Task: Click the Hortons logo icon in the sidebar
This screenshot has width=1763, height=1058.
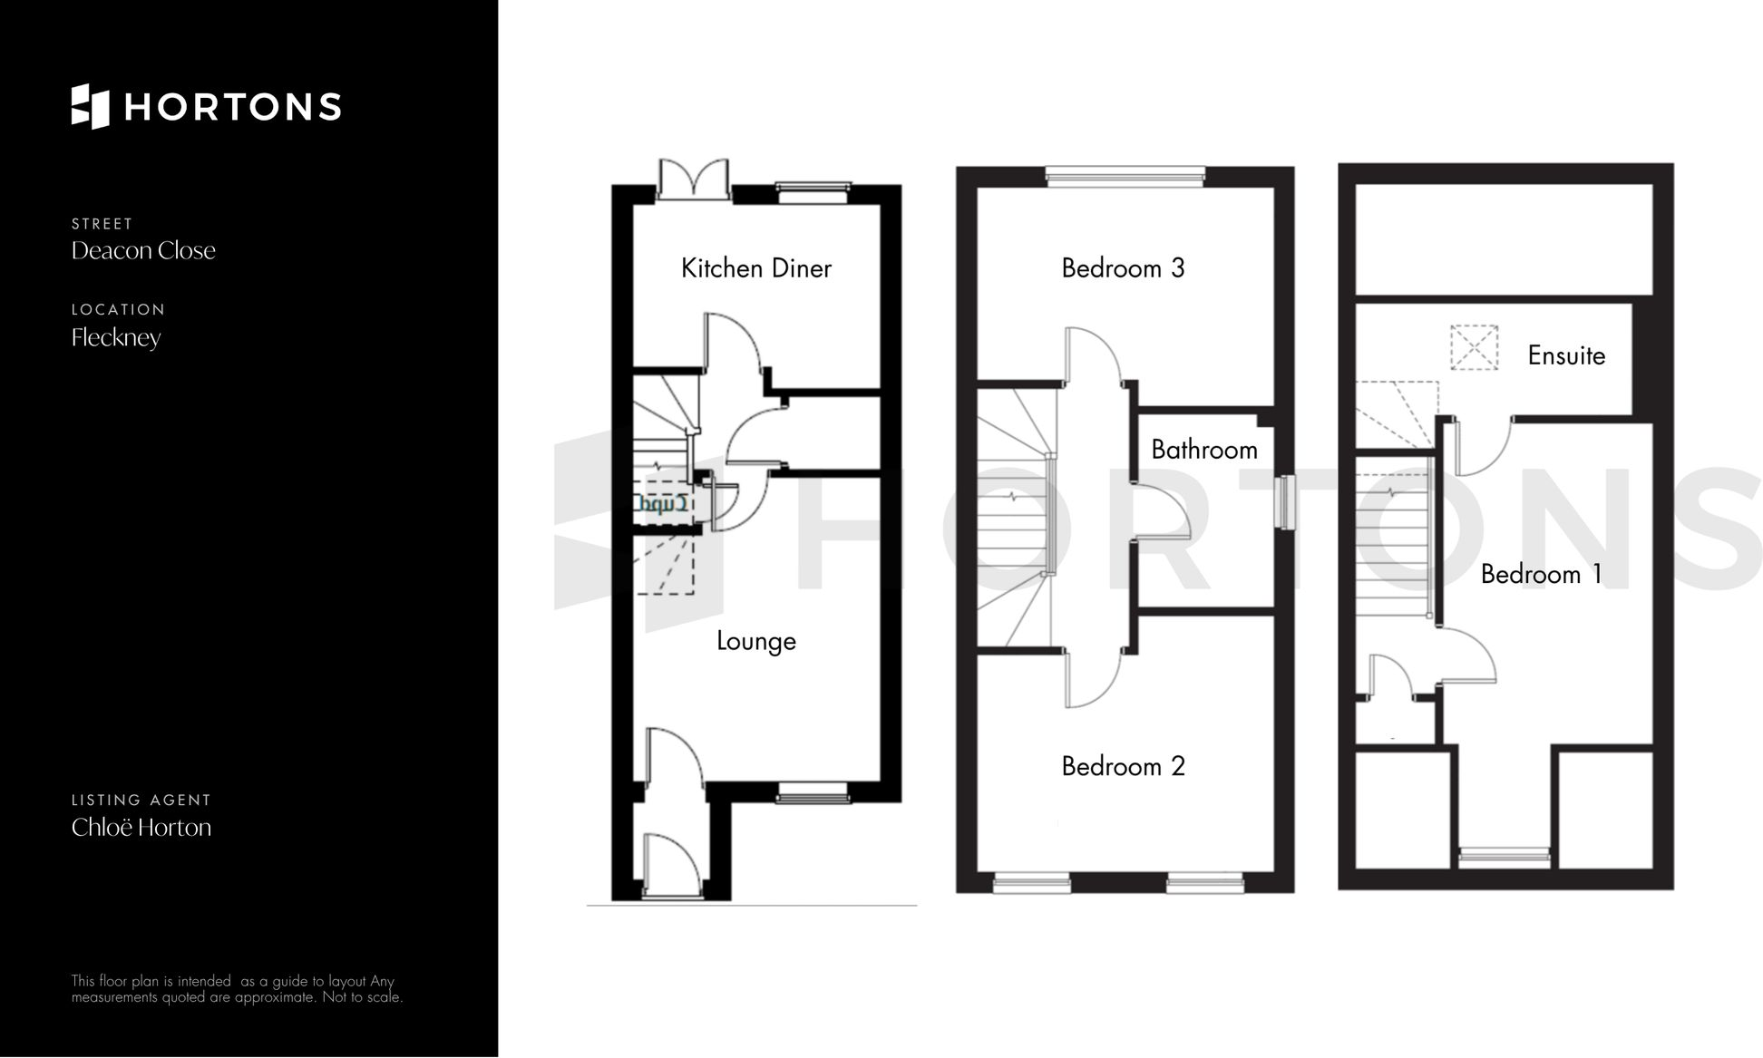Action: tap(90, 106)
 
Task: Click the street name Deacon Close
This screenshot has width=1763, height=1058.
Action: tap(143, 251)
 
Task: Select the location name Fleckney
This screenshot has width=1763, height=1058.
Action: tap(116, 338)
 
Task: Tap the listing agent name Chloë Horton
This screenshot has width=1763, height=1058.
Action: tap(141, 828)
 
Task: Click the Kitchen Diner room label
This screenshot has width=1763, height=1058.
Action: tap(755, 268)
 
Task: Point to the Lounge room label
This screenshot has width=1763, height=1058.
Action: tap(755, 641)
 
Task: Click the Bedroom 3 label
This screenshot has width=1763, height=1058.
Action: tap(1123, 268)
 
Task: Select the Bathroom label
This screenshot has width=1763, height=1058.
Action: tap(1203, 450)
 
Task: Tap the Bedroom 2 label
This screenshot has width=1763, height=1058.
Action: tap(1123, 767)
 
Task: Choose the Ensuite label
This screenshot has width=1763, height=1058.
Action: tap(1565, 355)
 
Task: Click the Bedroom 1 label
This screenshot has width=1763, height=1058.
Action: tap(1541, 575)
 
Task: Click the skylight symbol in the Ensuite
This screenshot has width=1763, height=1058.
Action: tap(1473, 347)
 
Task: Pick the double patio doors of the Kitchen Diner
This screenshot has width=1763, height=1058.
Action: tap(693, 180)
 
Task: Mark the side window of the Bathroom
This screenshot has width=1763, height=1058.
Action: tap(1283, 501)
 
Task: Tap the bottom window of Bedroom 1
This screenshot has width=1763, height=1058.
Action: tap(1504, 854)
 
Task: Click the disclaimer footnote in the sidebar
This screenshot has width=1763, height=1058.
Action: tap(237, 989)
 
